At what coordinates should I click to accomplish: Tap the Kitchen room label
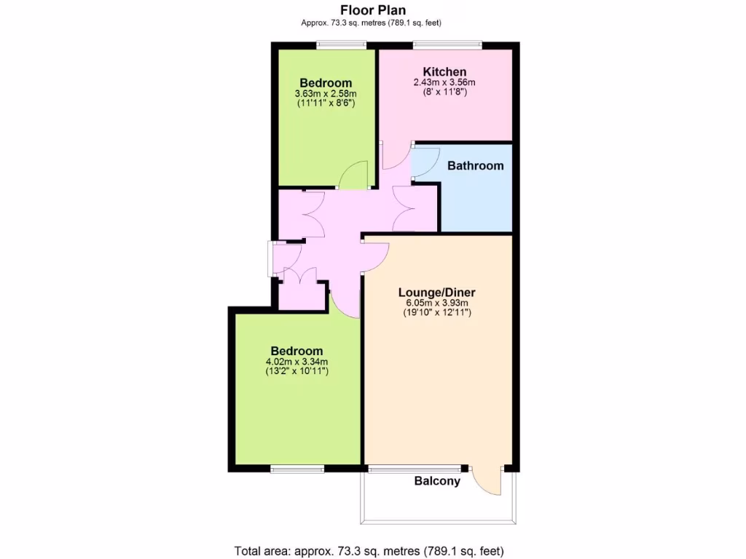click(x=444, y=71)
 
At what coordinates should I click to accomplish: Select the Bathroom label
click(x=475, y=165)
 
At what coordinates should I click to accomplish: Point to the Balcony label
click(x=437, y=481)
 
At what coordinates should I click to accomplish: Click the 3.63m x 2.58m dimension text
click(x=325, y=94)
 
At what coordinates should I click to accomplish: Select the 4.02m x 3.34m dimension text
click(x=297, y=362)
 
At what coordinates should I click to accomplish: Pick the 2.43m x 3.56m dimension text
click(x=444, y=83)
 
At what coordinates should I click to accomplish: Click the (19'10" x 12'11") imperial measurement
click(x=436, y=313)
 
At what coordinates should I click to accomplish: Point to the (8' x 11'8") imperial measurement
click(x=444, y=92)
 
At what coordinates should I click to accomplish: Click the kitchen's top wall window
click(x=447, y=46)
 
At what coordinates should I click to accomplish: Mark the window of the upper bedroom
click(x=341, y=46)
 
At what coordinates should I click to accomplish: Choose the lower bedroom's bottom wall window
click(x=297, y=469)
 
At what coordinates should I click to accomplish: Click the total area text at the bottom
click(x=369, y=550)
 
